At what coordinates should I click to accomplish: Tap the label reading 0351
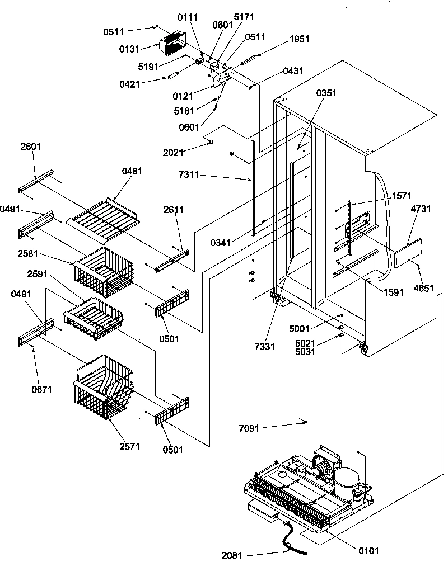[326, 93]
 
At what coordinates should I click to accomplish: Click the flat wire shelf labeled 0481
[104, 218]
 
